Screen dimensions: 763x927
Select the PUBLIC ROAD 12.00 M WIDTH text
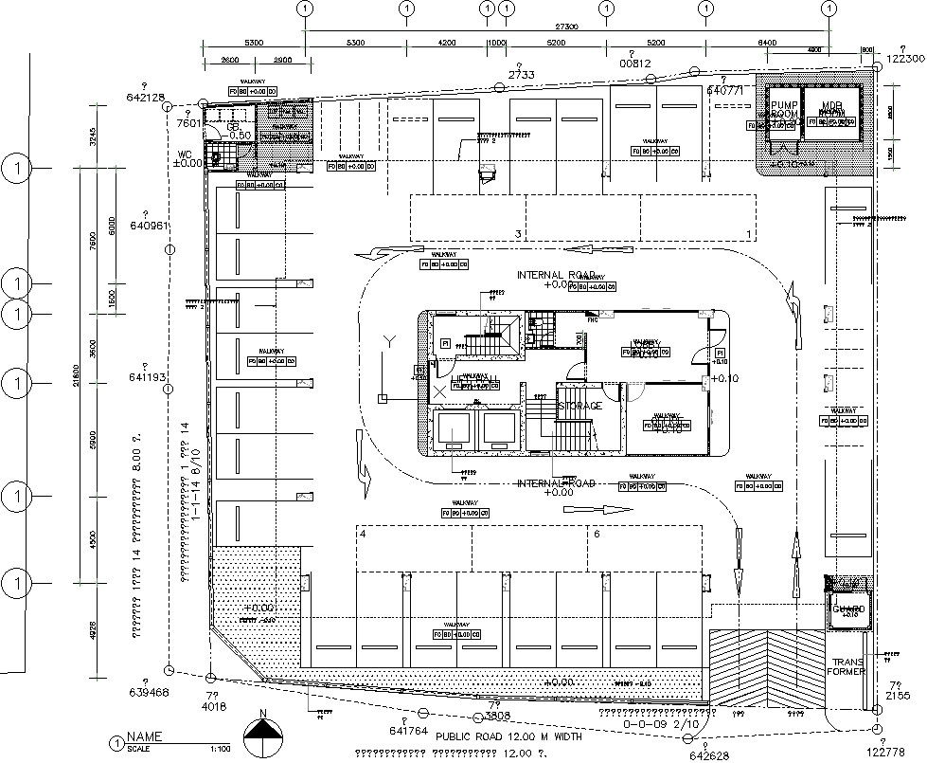point(503,736)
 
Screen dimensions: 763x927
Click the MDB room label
point(831,107)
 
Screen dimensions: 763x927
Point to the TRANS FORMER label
point(848,666)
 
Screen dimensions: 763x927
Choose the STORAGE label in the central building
point(579,406)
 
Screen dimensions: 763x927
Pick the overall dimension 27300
point(565,27)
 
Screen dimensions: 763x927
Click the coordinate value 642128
point(145,97)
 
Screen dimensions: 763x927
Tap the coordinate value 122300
point(904,58)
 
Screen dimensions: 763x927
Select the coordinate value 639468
point(147,692)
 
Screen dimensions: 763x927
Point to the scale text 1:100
point(219,749)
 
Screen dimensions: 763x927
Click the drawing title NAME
point(145,736)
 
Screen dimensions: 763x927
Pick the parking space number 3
point(517,233)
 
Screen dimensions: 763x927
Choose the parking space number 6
point(596,534)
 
